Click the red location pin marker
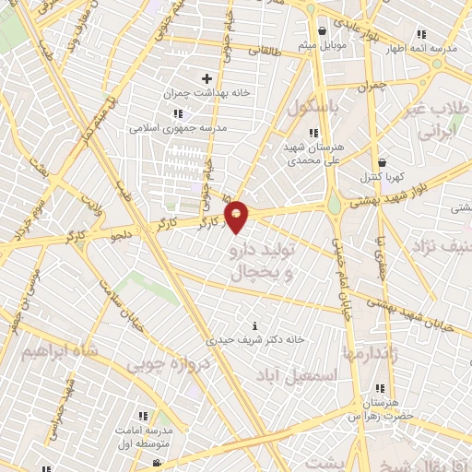click(237, 216)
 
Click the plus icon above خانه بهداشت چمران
click(206, 79)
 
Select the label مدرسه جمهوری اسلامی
click(171, 128)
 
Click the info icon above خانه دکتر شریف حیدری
click(255, 325)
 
